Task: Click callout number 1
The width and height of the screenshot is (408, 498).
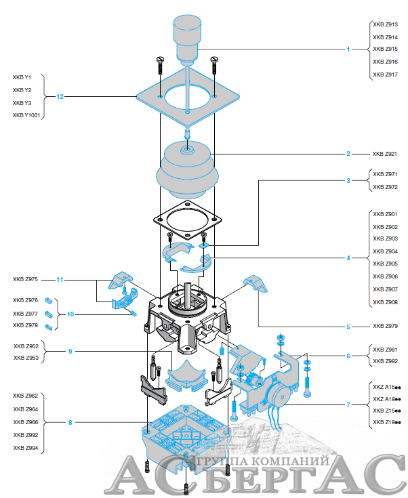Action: click(348, 49)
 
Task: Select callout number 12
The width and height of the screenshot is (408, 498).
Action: click(60, 97)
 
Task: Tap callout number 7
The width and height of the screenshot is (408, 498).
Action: click(348, 404)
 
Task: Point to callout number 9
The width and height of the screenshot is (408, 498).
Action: click(70, 352)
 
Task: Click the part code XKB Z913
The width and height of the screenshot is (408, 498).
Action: click(385, 24)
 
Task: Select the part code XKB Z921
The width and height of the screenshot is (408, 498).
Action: click(385, 154)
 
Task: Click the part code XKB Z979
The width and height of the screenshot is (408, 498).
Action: click(385, 327)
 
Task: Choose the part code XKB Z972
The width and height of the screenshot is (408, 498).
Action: click(385, 187)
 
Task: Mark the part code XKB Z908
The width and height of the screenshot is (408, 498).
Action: click(385, 302)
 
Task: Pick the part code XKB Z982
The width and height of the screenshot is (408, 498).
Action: click(385, 362)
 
